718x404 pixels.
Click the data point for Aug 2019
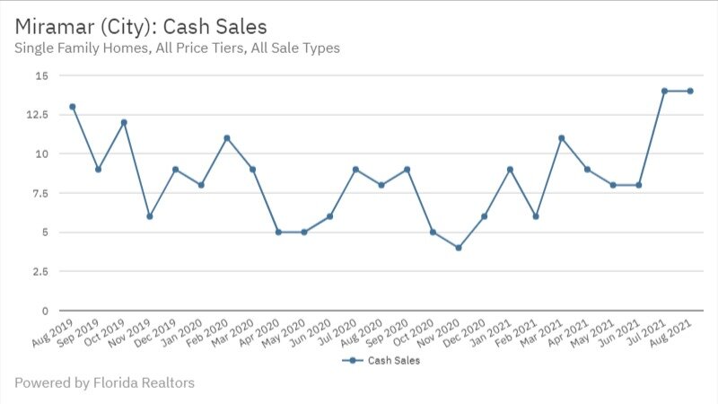coord(73,107)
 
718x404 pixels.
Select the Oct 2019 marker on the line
coord(124,122)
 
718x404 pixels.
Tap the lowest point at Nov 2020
coord(459,248)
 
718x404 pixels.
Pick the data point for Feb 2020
coord(227,138)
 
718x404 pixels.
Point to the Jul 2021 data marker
coord(664,91)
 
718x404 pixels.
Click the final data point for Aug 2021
coord(690,91)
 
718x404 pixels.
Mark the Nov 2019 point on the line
coord(150,216)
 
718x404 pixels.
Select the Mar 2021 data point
coord(561,138)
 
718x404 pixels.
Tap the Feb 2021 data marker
coord(536,216)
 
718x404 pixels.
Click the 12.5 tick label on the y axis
coord(39,115)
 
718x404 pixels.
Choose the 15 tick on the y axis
coord(43,75)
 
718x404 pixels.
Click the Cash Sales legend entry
coord(381,361)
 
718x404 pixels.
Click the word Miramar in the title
coord(53,25)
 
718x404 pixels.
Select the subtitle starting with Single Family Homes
coord(177,48)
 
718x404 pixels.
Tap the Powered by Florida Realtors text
coord(104,383)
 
